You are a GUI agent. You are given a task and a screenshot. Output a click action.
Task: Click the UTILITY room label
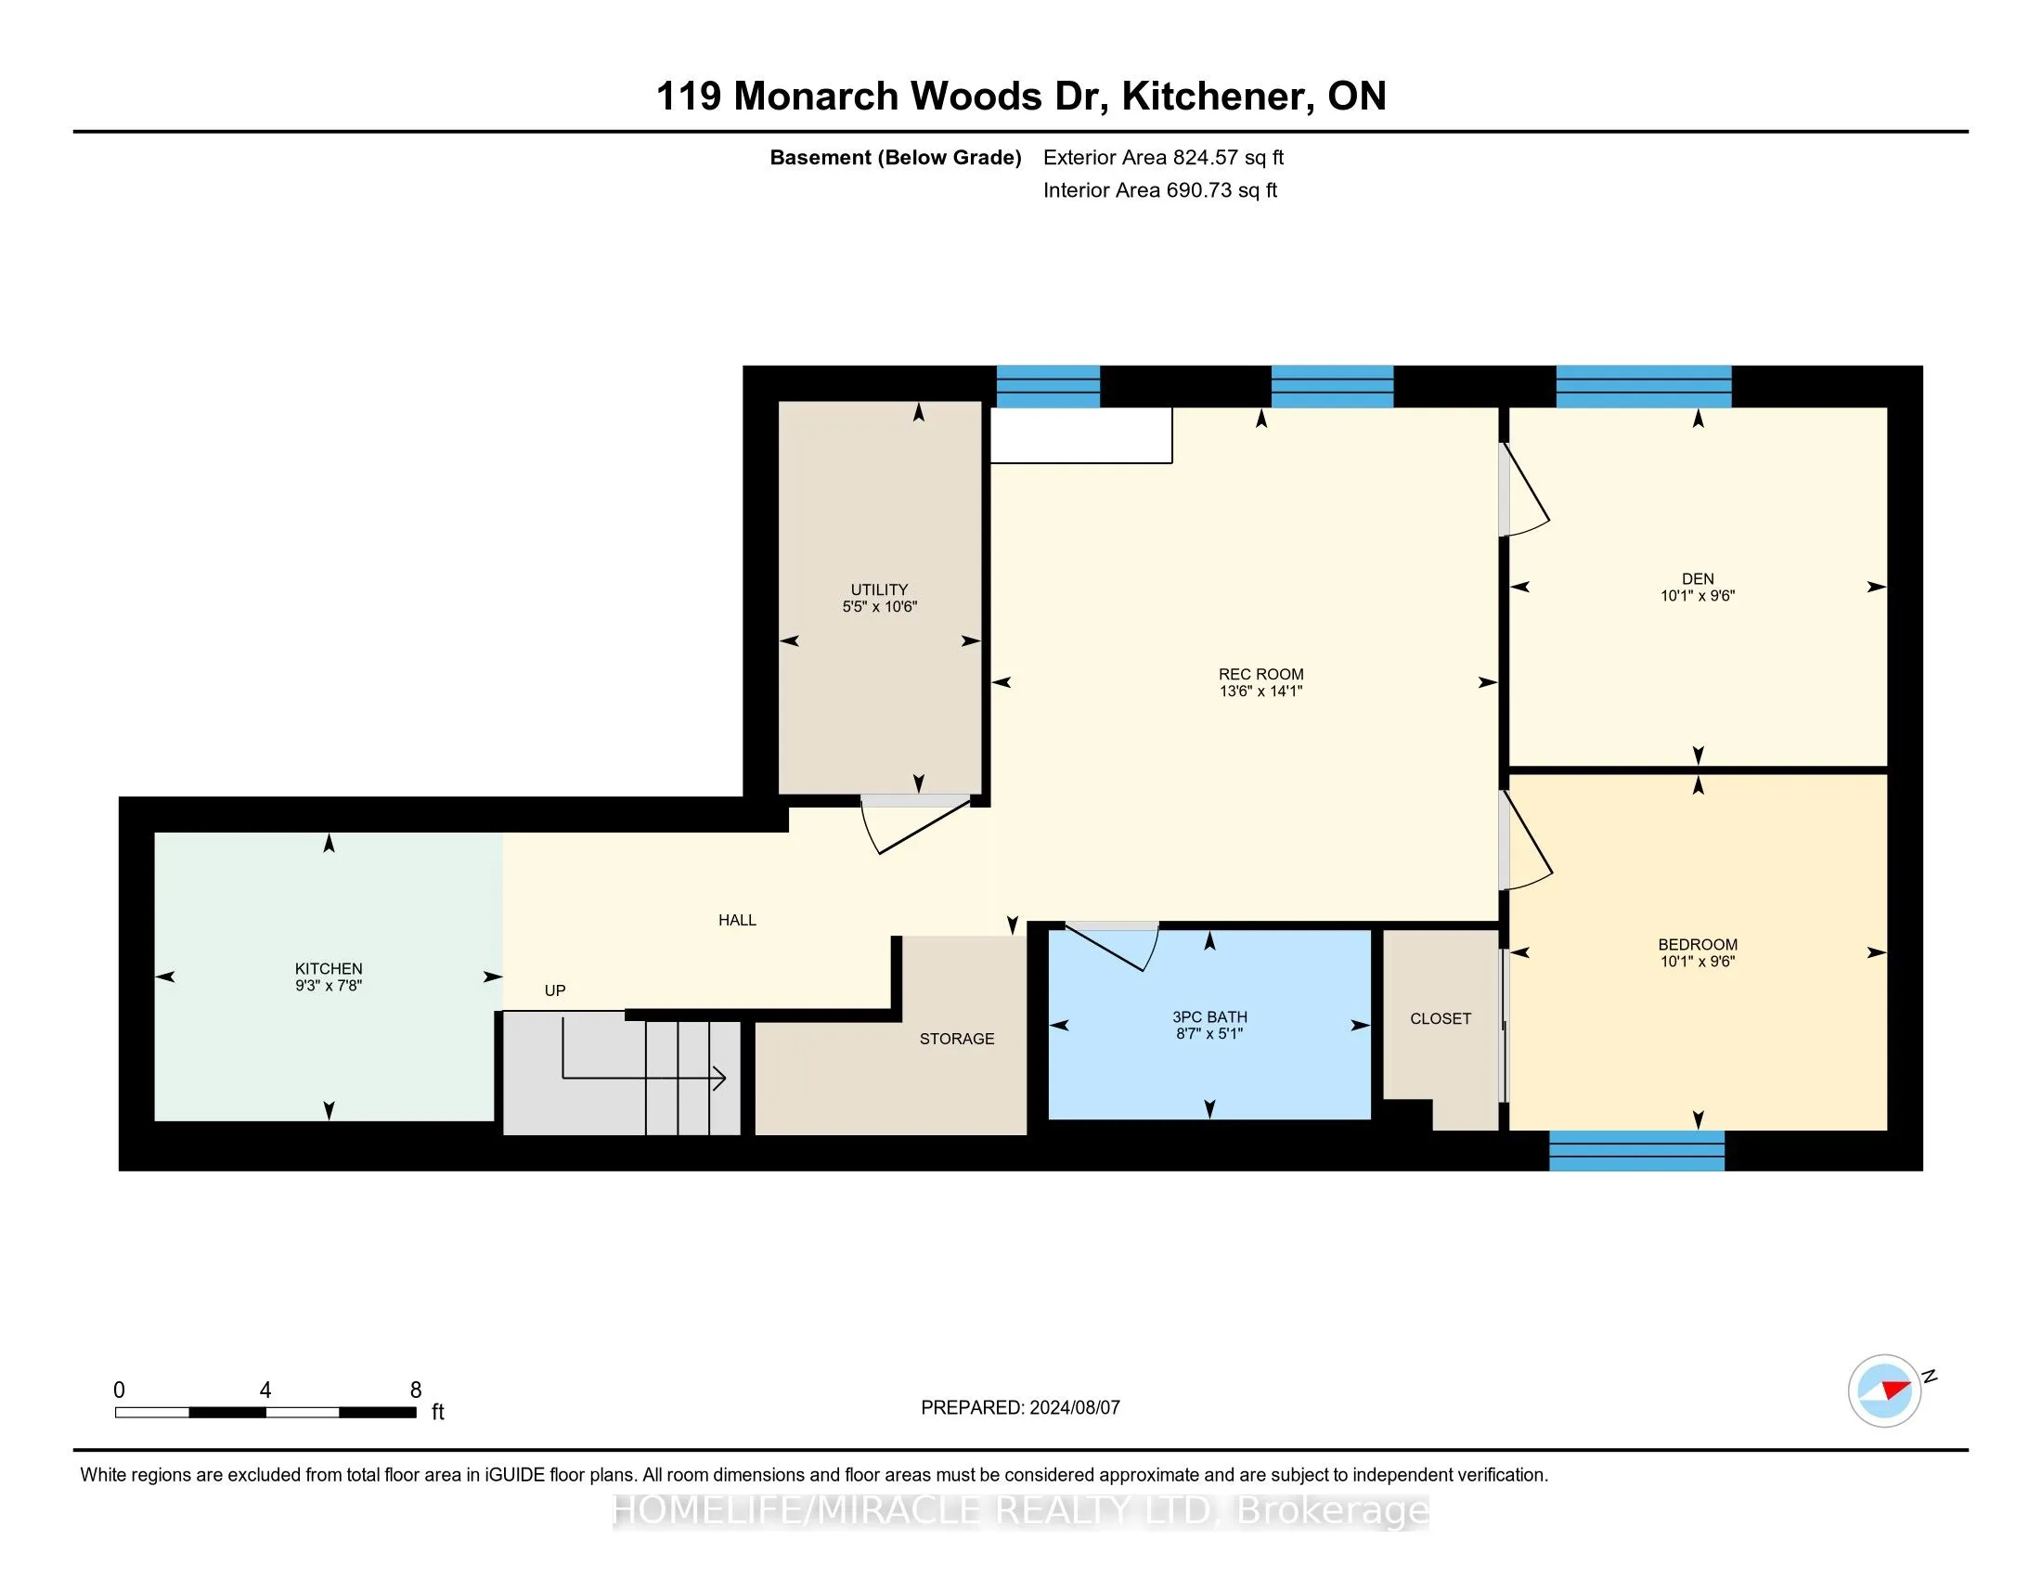(x=879, y=589)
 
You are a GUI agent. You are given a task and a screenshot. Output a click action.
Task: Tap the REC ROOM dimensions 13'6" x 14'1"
(x=1260, y=692)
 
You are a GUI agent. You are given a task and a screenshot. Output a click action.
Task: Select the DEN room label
(x=1698, y=578)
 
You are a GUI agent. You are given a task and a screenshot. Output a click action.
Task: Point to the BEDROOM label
(x=1698, y=944)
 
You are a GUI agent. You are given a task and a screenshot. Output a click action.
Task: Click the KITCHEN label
(x=329, y=968)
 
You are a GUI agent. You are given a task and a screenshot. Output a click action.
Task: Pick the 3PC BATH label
(x=1209, y=1017)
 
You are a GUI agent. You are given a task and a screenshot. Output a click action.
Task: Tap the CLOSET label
(x=1441, y=1019)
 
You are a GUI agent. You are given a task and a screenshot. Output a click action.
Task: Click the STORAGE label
(x=956, y=1039)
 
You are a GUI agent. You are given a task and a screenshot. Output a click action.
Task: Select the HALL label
(x=737, y=920)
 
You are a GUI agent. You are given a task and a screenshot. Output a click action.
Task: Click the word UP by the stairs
(x=554, y=990)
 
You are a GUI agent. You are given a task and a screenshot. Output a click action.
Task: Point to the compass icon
(x=1884, y=1390)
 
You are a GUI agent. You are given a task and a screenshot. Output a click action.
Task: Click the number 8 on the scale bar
(x=416, y=1390)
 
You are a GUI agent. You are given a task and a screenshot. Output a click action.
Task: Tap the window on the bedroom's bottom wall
(x=1636, y=1151)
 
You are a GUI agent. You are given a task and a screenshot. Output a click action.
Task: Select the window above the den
(x=1644, y=386)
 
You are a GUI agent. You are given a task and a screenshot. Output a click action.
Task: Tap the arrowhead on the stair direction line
(x=721, y=1078)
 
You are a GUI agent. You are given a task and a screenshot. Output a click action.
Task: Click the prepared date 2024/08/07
(x=1074, y=1408)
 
